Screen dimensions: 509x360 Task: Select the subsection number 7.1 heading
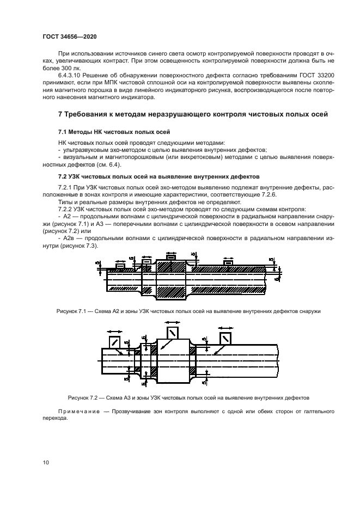coord(64,132)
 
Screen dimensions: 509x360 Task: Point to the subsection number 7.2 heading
coord(64,176)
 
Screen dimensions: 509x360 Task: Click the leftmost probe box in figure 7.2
coord(115,341)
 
